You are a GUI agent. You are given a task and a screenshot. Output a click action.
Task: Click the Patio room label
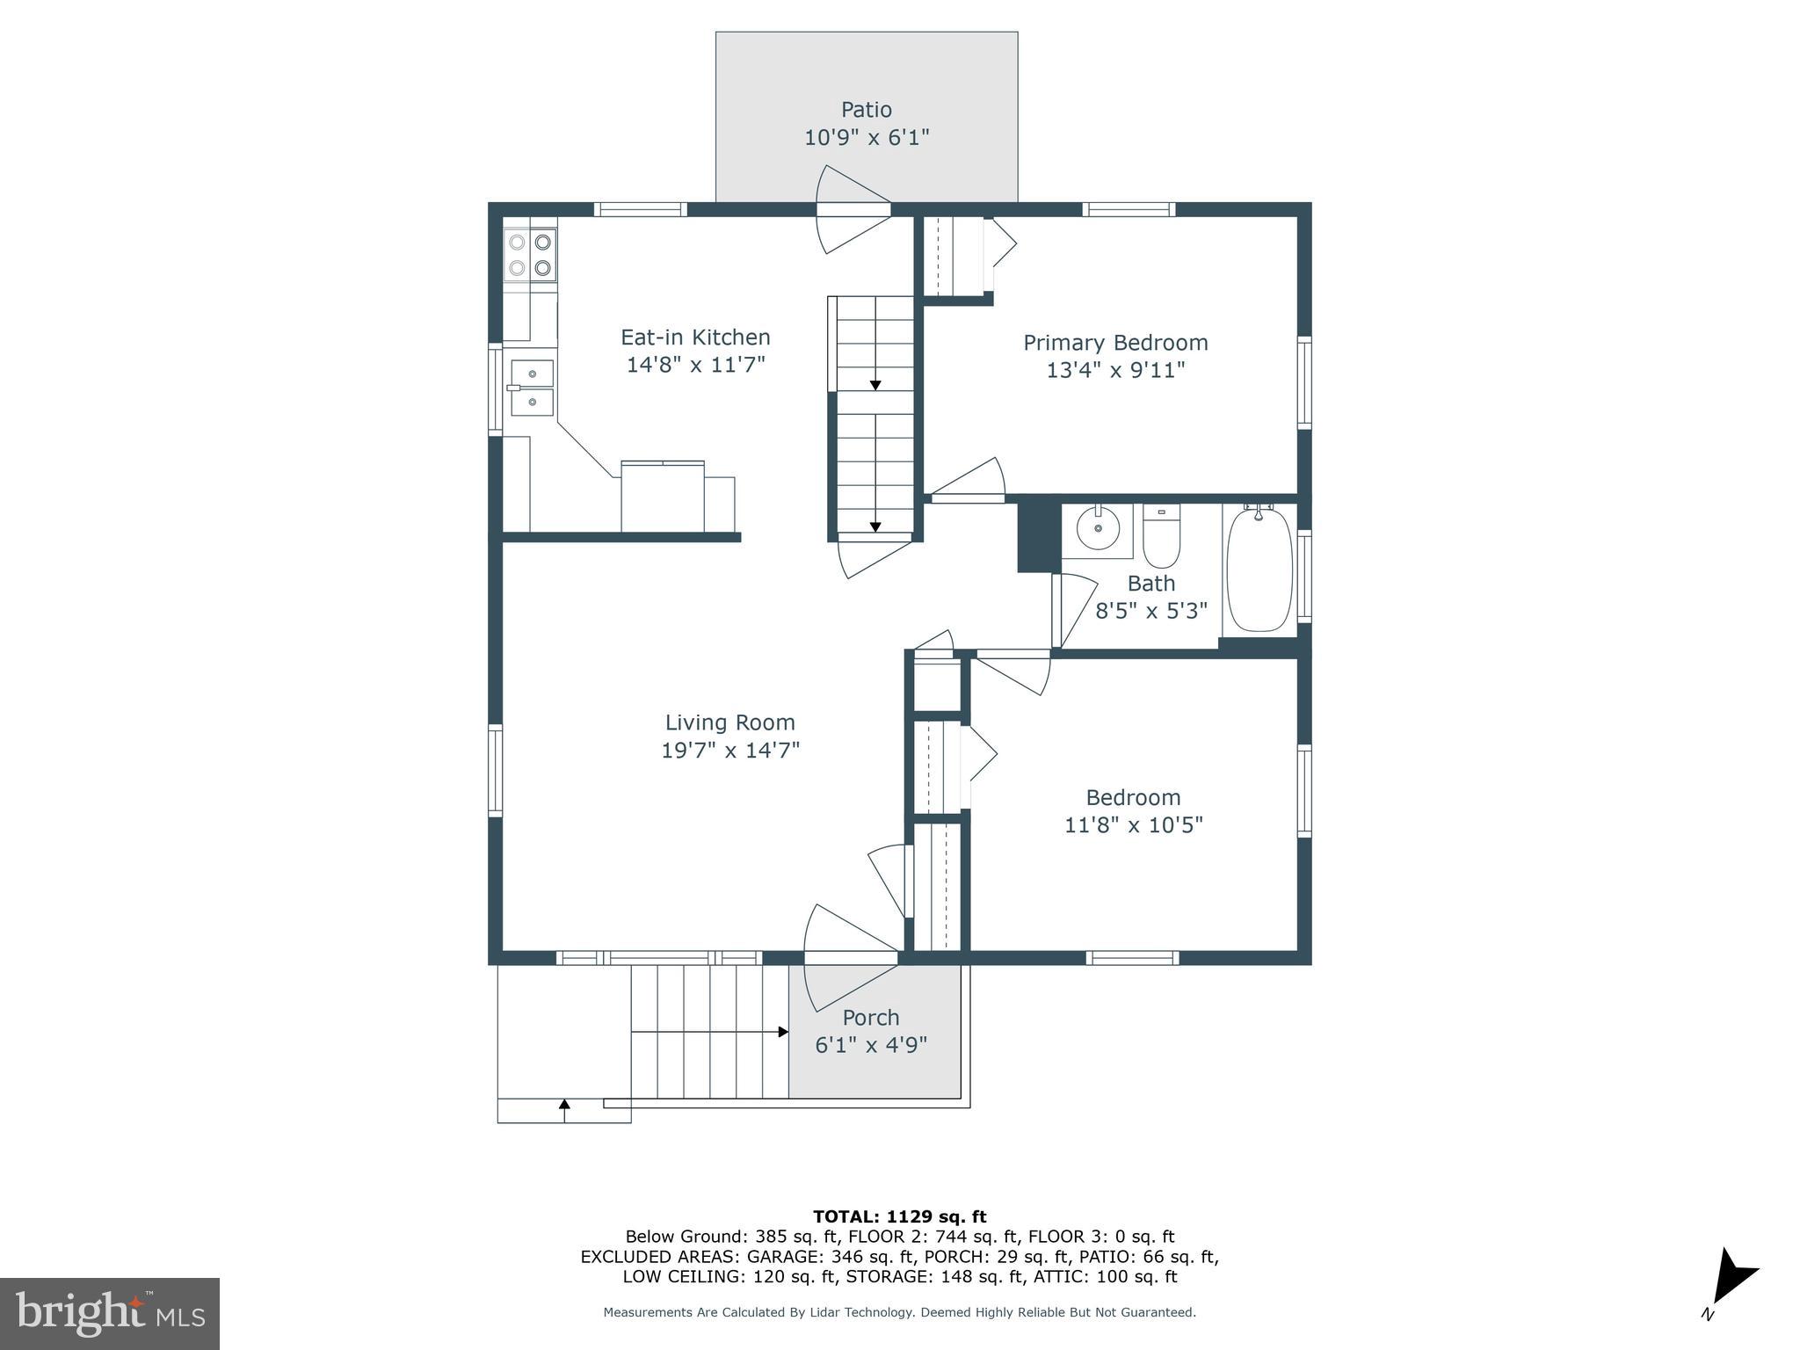tap(867, 110)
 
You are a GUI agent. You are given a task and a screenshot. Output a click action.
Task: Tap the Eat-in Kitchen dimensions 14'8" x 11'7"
tap(695, 365)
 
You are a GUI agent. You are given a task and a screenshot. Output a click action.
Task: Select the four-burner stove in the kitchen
tap(531, 254)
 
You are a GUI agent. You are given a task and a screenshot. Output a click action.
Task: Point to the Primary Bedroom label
tap(1115, 343)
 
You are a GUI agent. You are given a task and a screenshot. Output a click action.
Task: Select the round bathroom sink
tap(1098, 528)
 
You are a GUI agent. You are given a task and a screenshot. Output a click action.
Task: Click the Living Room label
tap(729, 722)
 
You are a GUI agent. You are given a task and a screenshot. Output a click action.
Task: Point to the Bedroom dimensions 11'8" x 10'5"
tap(1133, 825)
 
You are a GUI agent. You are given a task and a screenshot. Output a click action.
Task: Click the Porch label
tap(870, 1018)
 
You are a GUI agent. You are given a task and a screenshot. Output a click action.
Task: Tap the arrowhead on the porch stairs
tap(783, 1032)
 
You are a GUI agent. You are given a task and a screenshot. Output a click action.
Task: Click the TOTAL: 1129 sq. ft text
tap(899, 1216)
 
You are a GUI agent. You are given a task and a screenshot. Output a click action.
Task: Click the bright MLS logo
tap(110, 1313)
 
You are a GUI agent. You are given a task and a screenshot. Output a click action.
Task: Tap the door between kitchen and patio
tap(853, 210)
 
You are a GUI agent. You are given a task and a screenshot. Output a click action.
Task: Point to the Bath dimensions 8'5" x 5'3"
tap(1150, 611)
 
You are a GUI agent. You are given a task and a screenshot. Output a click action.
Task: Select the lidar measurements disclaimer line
tap(899, 1312)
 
